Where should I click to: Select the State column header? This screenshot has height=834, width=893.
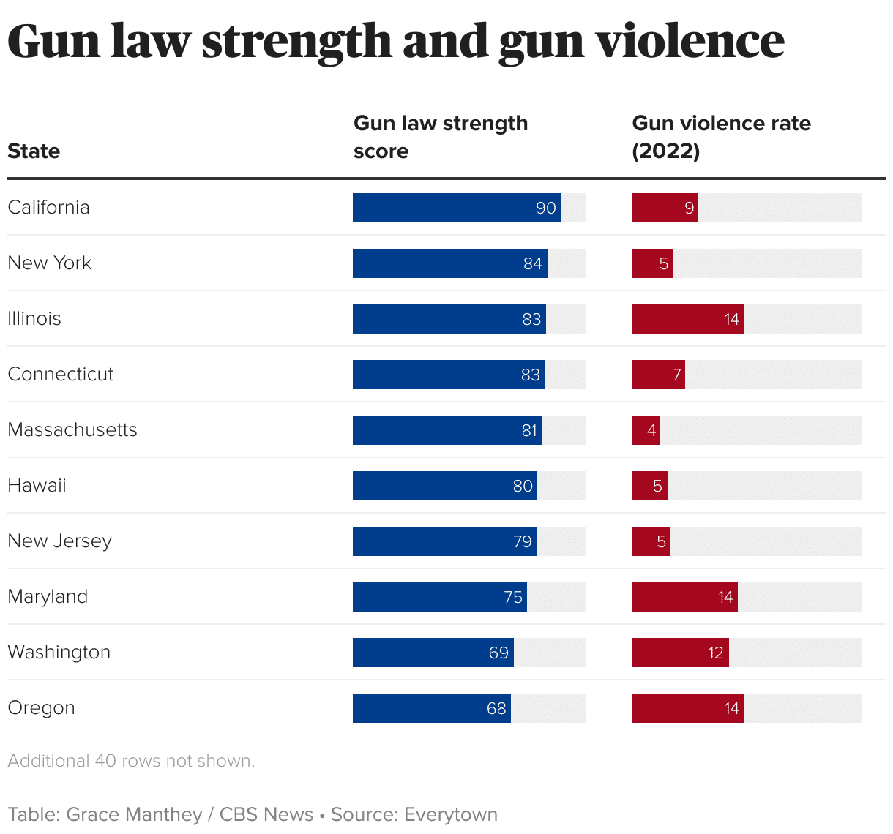click(x=34, y=151)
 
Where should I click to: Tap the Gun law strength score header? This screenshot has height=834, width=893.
click(x=440, y=137)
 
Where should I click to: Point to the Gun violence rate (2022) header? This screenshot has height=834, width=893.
click(x=721, y=137)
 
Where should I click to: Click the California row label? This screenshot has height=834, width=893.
click(x=48, y=208)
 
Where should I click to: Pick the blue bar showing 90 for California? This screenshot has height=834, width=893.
click(x=456, y=208)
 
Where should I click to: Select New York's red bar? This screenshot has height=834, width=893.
click(x=652, y=263)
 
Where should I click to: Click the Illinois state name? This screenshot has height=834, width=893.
click(x=34, y=319)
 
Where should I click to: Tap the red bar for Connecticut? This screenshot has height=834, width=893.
click(x=658, y=375)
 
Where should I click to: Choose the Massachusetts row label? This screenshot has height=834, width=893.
click(x=72, y=430)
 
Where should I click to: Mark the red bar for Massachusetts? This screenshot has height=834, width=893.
click(x=646, y=430)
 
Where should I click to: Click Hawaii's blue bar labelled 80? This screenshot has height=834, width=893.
click(x=444, y=486)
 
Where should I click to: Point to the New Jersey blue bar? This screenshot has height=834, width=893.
click(x=444, y=541)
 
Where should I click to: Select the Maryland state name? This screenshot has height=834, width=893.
click(x=48, y=597)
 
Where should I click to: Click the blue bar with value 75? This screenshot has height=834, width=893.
click(x=439, y=597)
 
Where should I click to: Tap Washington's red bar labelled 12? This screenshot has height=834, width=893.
click(x=680, y=653)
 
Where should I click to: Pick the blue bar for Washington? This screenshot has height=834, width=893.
click(x=433, y=653)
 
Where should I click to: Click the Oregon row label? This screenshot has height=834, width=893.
click(x=41, y=708)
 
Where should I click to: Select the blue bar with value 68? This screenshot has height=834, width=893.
click(x=431, y=708)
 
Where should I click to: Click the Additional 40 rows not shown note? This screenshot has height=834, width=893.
click(x=131, y=761)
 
